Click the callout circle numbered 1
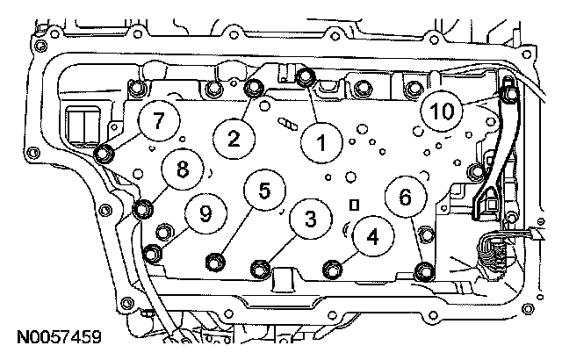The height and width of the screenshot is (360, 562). click(x=320, y=140)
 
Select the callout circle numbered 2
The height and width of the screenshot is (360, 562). click(x=234, y=137)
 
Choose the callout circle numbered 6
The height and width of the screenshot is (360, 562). click(x=405, y=198)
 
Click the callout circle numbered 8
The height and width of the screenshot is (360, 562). click(x=182, y=169)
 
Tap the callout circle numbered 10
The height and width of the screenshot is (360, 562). click(x=442, y=112)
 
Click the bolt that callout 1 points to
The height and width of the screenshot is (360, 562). click(x=305, y=76)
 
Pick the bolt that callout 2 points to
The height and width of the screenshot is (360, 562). click(x=254, y=87)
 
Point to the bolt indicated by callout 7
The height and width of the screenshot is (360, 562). click(x=104, y=155)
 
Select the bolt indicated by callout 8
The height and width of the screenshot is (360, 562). click(x=142, y=209)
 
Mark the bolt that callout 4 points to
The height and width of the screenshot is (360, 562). click(x=332, y=267)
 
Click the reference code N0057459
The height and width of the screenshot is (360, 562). click(x=57, y=336)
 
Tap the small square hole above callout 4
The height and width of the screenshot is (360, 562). click(x=355, y=205)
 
